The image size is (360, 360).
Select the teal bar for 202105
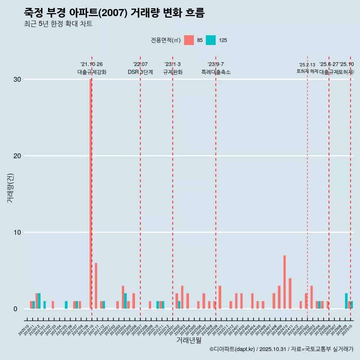coord(66,305)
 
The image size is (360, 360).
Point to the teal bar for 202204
coord(126,301)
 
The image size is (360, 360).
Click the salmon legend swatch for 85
coord(189,40)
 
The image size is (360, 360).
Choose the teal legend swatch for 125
coord(211,40)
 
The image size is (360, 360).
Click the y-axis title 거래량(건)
coord(10,188)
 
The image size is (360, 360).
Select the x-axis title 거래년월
coord(189,340)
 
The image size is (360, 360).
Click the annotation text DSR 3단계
coord(140,72)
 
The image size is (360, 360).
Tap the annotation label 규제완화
coord(172,72)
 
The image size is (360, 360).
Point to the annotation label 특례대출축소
coord(216,72)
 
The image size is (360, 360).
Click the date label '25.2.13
coord(307,65)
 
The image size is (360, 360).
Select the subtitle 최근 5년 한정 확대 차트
coord(58,24)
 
